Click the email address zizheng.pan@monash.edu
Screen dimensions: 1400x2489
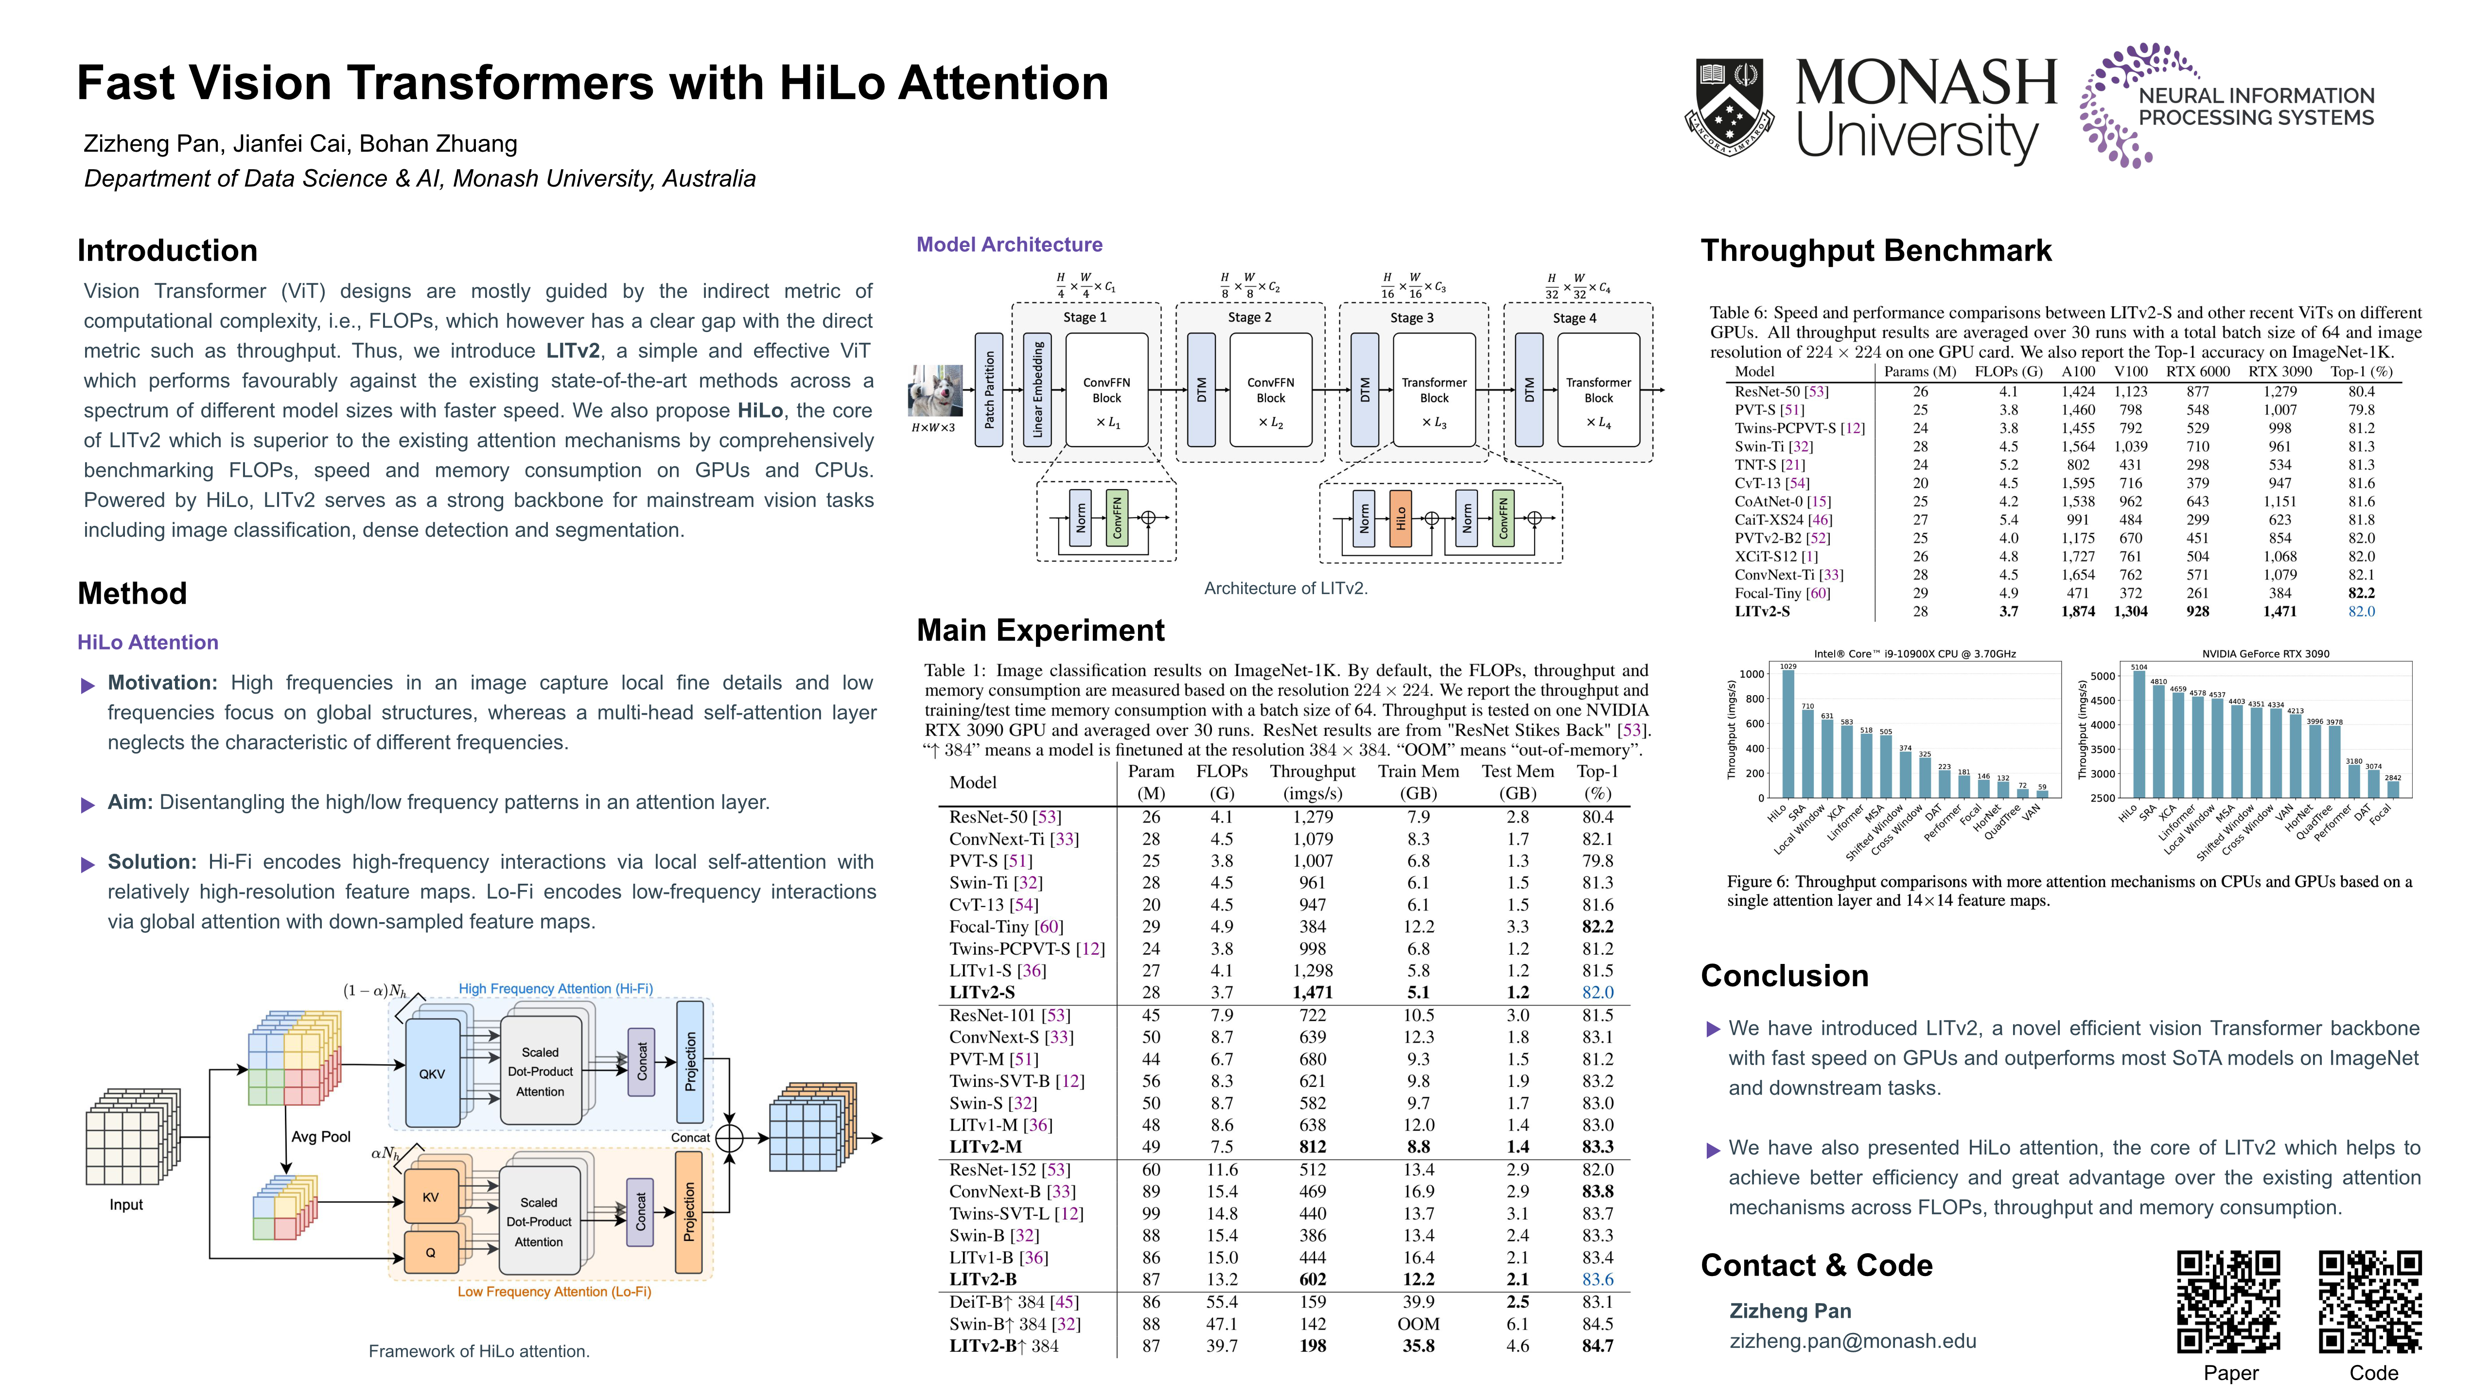click(1852, 1341)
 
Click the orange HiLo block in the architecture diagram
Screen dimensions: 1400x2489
click(1400, 518)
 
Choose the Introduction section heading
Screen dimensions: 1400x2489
click(167, 250)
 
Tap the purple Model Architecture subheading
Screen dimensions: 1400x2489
click(1009, 245)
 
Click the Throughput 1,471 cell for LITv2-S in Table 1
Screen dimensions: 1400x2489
click(1312, 992)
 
